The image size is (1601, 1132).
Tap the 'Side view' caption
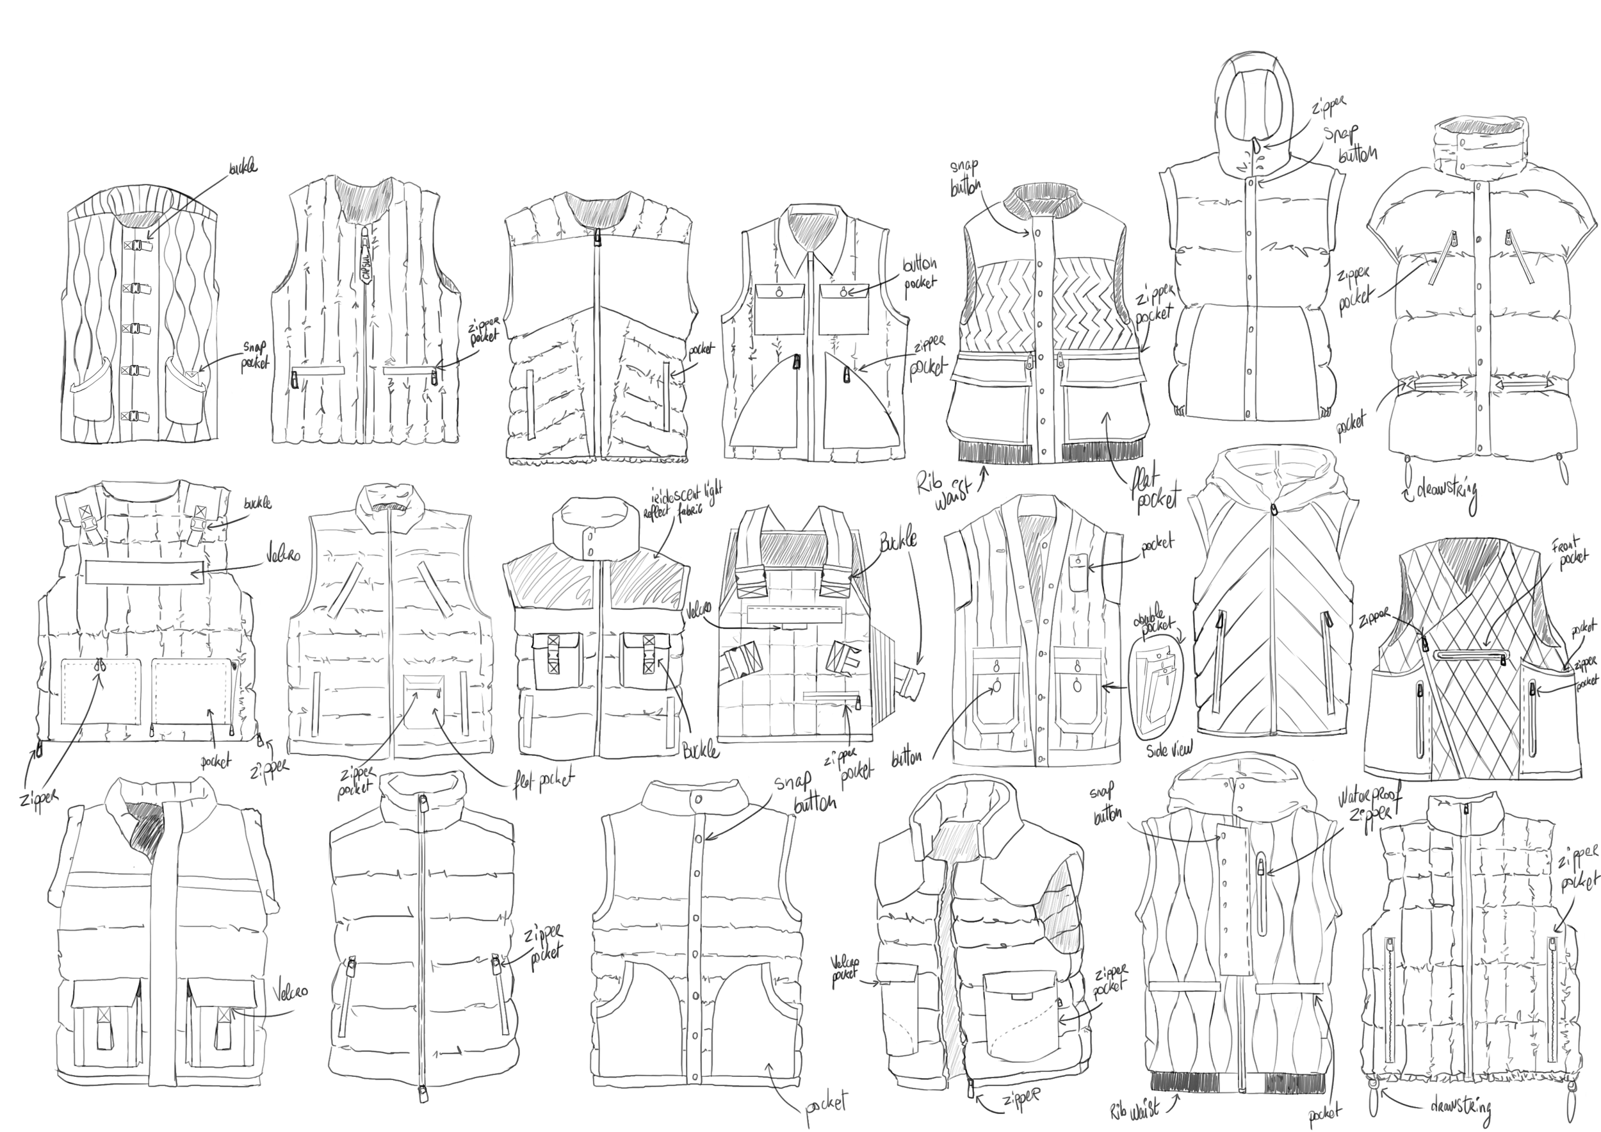pos(1169,749)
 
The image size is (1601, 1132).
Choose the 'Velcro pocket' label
pos(845,969)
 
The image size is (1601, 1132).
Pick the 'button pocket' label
pos(920,274)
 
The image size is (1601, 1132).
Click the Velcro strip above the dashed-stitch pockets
pos(143,573)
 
